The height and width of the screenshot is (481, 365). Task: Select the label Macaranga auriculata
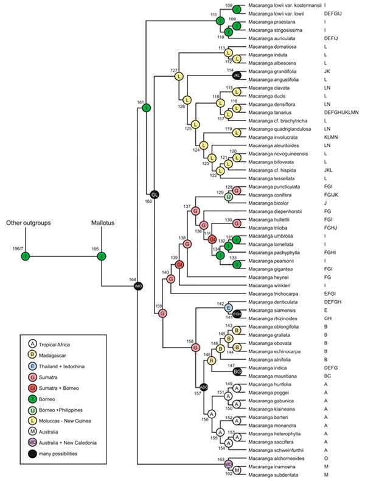pos(273,38)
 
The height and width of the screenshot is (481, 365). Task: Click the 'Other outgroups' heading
pos(26,222)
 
